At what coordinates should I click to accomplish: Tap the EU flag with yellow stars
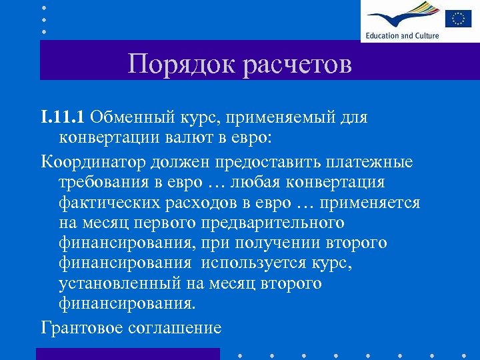click(x=459, y=19)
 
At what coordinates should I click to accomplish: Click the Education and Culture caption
click(x=402, y=35)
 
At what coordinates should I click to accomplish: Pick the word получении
click(x=255, y=243)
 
